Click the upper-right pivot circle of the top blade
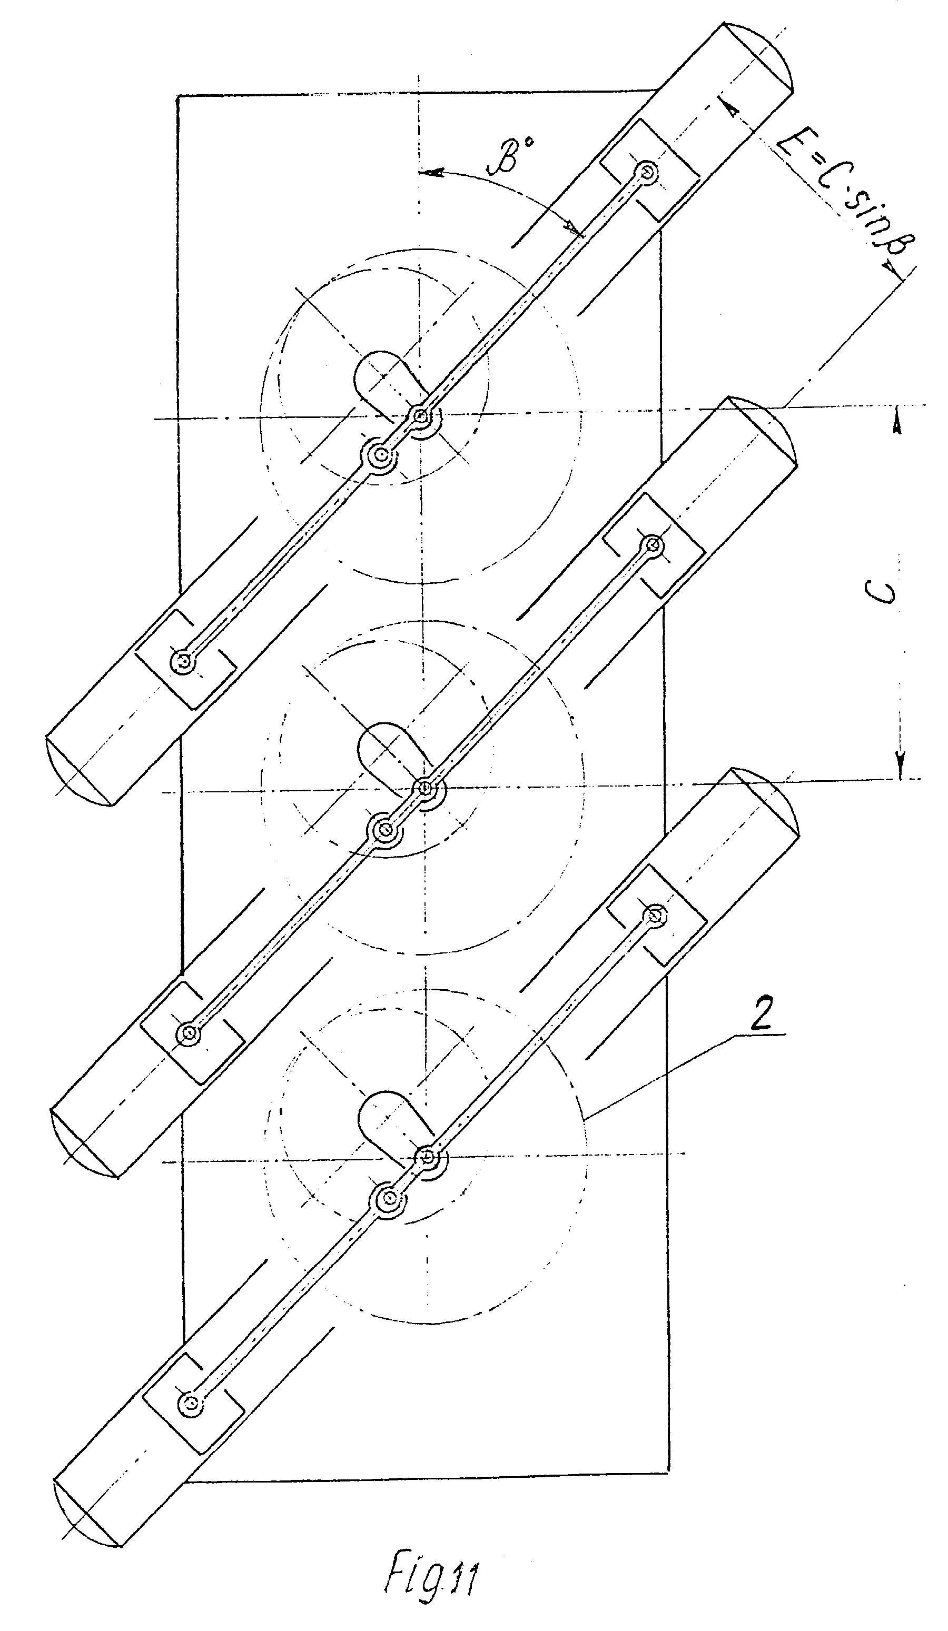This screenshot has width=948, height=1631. pos(646,172)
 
